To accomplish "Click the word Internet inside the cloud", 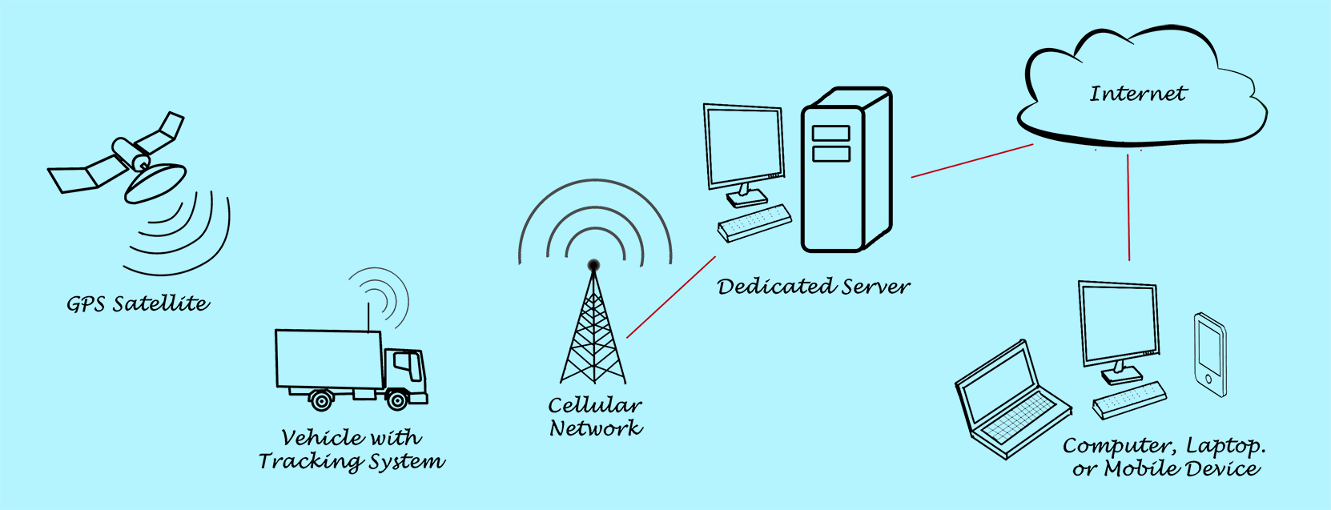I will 1137,94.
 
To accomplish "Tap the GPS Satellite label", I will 138,304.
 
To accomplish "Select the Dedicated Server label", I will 814,287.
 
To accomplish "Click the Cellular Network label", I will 595,416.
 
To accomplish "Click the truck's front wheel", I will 397,399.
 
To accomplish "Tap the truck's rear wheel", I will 321,399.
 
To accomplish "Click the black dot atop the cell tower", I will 593,265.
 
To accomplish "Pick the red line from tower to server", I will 671,297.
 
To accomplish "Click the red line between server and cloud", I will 972,161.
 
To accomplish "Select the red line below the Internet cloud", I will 1128,207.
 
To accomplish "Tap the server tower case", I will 846,172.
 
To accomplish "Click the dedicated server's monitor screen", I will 744,147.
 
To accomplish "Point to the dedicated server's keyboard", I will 754,223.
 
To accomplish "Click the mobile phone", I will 1210,355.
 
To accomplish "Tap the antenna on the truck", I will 368,315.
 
